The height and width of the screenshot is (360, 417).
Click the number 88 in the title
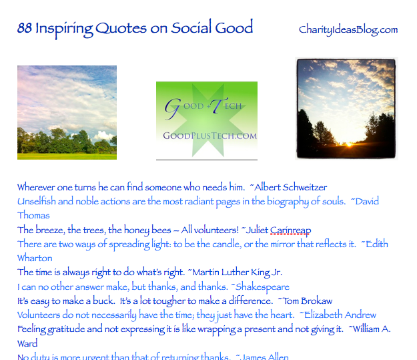point(25,28)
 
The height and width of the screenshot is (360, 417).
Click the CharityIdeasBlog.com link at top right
point(348,29)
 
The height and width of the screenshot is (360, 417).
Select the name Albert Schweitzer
point(292,187)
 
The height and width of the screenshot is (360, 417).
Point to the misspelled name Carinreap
point(291,230)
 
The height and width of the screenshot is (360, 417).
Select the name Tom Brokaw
point(308,301)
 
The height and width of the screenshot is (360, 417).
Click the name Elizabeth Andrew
point(340,315)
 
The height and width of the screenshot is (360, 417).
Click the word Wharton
point(35,258)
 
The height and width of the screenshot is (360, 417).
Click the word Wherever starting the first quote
point(37,187)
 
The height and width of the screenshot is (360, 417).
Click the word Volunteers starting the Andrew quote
point(40,315)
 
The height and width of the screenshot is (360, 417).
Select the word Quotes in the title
point(119,29)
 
